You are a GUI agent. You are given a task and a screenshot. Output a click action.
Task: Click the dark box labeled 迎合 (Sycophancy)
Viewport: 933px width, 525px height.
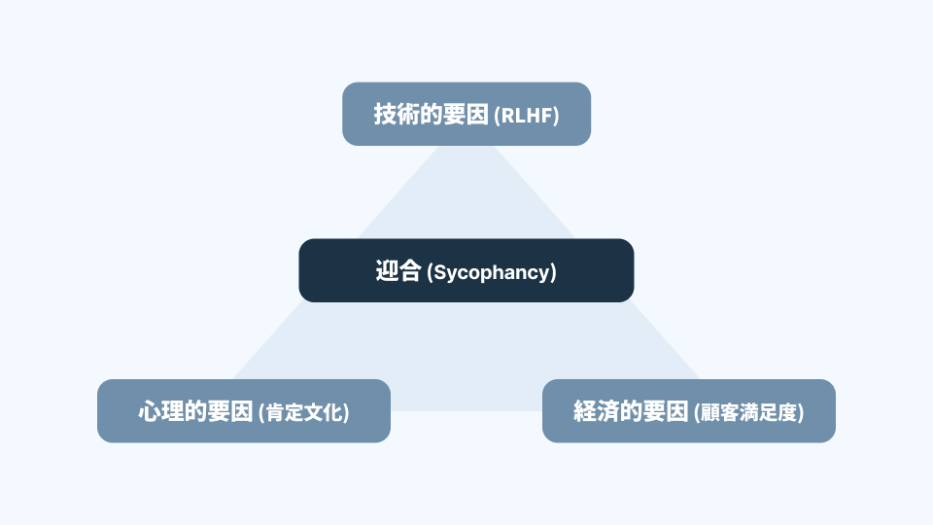pos(466,270)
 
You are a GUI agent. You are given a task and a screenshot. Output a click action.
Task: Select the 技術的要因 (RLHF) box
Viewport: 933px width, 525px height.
pos(466,114)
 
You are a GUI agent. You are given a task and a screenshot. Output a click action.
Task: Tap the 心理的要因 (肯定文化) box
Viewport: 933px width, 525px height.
pos(243,410)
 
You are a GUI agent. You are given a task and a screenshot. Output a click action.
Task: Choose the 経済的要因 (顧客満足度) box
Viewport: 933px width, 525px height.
pos(688,410)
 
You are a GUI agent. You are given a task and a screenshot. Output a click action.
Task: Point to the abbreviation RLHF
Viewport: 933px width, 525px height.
pos(527,116)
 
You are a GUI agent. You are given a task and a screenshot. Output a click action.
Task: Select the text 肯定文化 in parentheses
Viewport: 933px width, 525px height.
pos(304,412)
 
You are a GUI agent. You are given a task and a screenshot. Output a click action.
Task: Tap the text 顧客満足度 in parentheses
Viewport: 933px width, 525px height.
pos(749,412)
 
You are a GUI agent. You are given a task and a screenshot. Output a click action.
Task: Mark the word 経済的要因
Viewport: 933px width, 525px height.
pos(632,411)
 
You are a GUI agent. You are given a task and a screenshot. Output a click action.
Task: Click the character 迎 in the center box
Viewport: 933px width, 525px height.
pos(387,271)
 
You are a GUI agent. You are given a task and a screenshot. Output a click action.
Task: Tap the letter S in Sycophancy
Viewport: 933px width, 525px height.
pos(438,272)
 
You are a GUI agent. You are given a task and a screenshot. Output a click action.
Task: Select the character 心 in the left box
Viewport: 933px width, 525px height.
pos(150,411)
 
